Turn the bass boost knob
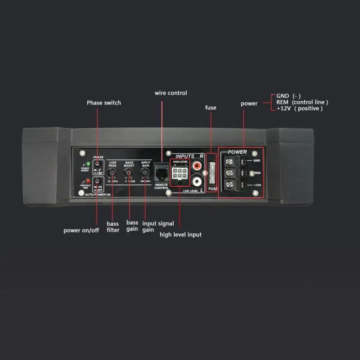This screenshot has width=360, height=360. (129, 172)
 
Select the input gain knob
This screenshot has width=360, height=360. (145, 172)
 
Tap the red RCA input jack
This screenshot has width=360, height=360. (197, 164)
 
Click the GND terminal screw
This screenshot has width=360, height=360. (229, 161)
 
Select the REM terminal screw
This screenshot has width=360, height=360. (229, 173)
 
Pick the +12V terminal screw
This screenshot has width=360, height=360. (229, 184)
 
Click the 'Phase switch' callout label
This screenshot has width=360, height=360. (104, 103)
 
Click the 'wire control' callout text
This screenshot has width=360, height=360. (171, 93)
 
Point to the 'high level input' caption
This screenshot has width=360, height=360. (181, 235)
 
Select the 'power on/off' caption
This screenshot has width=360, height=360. (81, 230)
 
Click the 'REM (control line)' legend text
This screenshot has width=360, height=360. (302, 102)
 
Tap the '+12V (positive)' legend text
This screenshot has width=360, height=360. (299, 109)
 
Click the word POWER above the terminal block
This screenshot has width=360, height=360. (237, 152)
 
